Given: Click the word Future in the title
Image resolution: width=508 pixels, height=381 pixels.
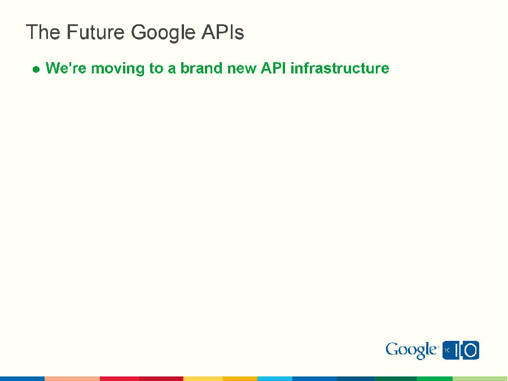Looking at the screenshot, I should pos(96,32).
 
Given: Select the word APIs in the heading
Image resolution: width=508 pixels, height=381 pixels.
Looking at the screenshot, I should pos(222,32).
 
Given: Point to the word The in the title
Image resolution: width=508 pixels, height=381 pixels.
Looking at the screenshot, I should pos(43,32).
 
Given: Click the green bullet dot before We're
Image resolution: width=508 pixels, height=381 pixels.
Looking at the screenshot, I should pos(36,70).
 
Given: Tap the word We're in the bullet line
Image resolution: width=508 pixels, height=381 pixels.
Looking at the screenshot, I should pos(66,68).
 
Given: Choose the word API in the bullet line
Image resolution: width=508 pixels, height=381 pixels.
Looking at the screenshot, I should pos(273,68).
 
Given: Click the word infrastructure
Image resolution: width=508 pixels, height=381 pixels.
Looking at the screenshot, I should pos(339,68).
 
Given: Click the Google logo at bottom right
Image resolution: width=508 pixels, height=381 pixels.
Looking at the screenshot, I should pos(411,350).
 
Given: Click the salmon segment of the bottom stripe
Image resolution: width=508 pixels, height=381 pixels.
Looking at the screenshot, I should pos(72,378).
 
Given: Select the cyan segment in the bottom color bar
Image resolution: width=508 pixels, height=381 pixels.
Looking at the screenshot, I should pos(274,378).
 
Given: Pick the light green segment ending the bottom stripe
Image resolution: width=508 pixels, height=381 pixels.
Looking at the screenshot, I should pos(480,378).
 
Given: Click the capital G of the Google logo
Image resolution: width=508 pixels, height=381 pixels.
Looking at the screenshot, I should pos(392,349).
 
